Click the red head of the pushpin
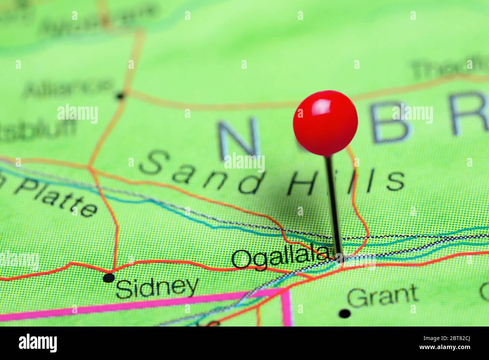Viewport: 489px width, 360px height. [x=325, y=123]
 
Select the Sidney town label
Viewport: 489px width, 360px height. [x=157, y=288]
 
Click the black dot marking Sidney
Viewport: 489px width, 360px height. [x=109, y=278]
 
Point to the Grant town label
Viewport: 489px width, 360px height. [x=382, y=296]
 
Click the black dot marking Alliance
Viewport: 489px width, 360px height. [x=120, y=96]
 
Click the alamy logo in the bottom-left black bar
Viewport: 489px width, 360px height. [x=38, y=343]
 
